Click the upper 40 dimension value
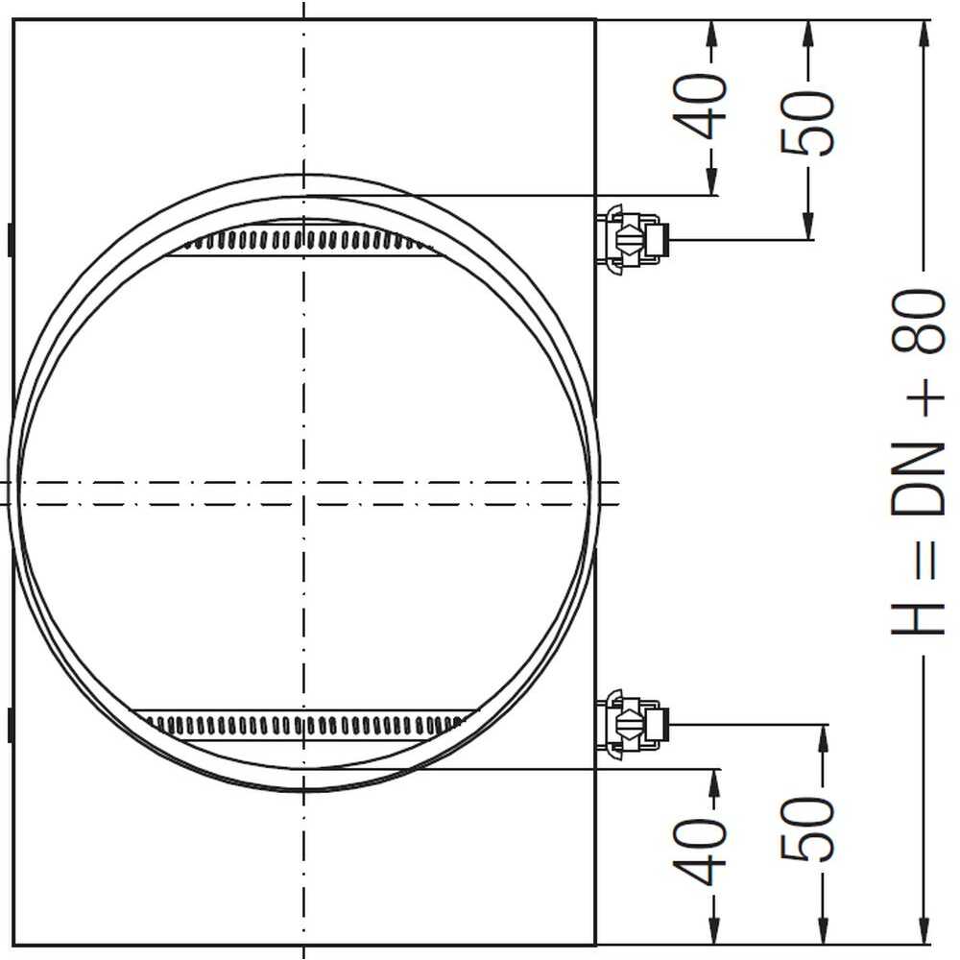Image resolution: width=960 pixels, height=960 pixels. [710, 107]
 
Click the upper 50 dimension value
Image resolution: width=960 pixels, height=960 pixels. [807, 122]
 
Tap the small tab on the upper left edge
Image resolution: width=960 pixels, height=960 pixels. [10, 238]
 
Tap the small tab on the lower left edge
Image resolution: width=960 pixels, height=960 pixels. [10, 724]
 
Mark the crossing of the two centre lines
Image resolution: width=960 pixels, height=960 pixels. [304, 481]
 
